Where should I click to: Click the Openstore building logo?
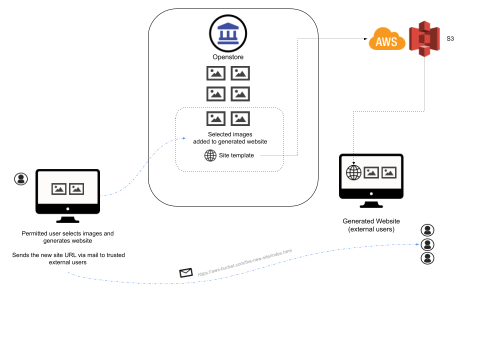point(228,33)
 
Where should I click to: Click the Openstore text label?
point(228,57)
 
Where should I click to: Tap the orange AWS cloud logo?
point(387,39)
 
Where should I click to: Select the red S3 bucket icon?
point(424,39)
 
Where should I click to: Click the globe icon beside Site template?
point(210,155)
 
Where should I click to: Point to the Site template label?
point(236,155)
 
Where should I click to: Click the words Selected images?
point(230,134)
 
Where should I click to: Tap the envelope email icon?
point(186,272)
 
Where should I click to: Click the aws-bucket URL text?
point(244,262)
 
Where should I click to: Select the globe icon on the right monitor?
point(353,173)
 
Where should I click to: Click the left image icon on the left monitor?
point(59,189)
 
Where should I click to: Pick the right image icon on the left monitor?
point(76,189)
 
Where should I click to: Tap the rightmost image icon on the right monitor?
point(389,173)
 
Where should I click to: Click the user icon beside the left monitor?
point(21,179)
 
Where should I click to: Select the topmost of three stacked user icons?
point(427,230)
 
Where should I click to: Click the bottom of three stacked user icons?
point(427,258)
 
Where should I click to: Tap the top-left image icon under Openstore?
point(216,73)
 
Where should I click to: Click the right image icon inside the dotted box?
point(240,118)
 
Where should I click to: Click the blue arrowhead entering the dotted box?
point(184,138)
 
